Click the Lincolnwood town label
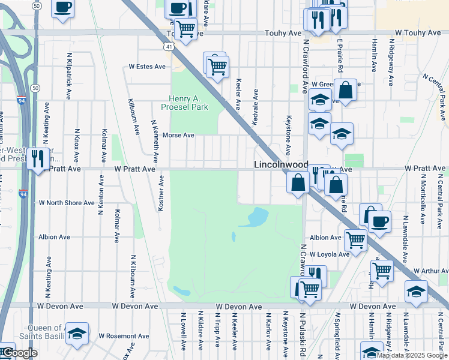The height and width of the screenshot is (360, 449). coord(281,164)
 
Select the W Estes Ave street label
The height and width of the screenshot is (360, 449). coord(146,67)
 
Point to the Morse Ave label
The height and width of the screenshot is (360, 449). coord(178,135)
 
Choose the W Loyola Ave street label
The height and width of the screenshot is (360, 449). coord(329,254)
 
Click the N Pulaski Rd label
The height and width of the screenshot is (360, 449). coord(304,334)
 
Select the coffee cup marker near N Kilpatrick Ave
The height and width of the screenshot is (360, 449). coord(62,8)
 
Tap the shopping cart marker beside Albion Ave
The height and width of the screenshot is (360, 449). coord(355,239)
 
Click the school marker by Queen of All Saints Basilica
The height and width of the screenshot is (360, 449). coord(77,334)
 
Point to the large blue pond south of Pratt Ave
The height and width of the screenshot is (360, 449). coord(256,217)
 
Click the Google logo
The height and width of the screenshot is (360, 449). coord(20,353)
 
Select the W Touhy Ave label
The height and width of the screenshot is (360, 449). coord(418,32)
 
